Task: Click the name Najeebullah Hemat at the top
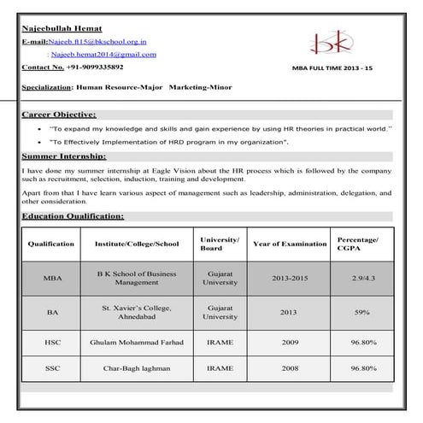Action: pos(62,27)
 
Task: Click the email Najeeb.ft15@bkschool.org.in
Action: pos(98,40)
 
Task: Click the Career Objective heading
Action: pos(59,114)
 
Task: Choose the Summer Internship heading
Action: pos(64,156)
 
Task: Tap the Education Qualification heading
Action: pos(73,217)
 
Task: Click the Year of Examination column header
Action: pos(290,244)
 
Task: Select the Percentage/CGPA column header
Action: pos(358,244)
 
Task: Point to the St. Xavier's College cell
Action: pos(137,312)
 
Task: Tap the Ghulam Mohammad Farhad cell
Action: pos(137,343)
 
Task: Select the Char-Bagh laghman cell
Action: pos(137,368)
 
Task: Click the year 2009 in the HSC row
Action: pos(290,343)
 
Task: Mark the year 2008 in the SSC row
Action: pos(290,368)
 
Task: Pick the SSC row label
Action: pos(52,368)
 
